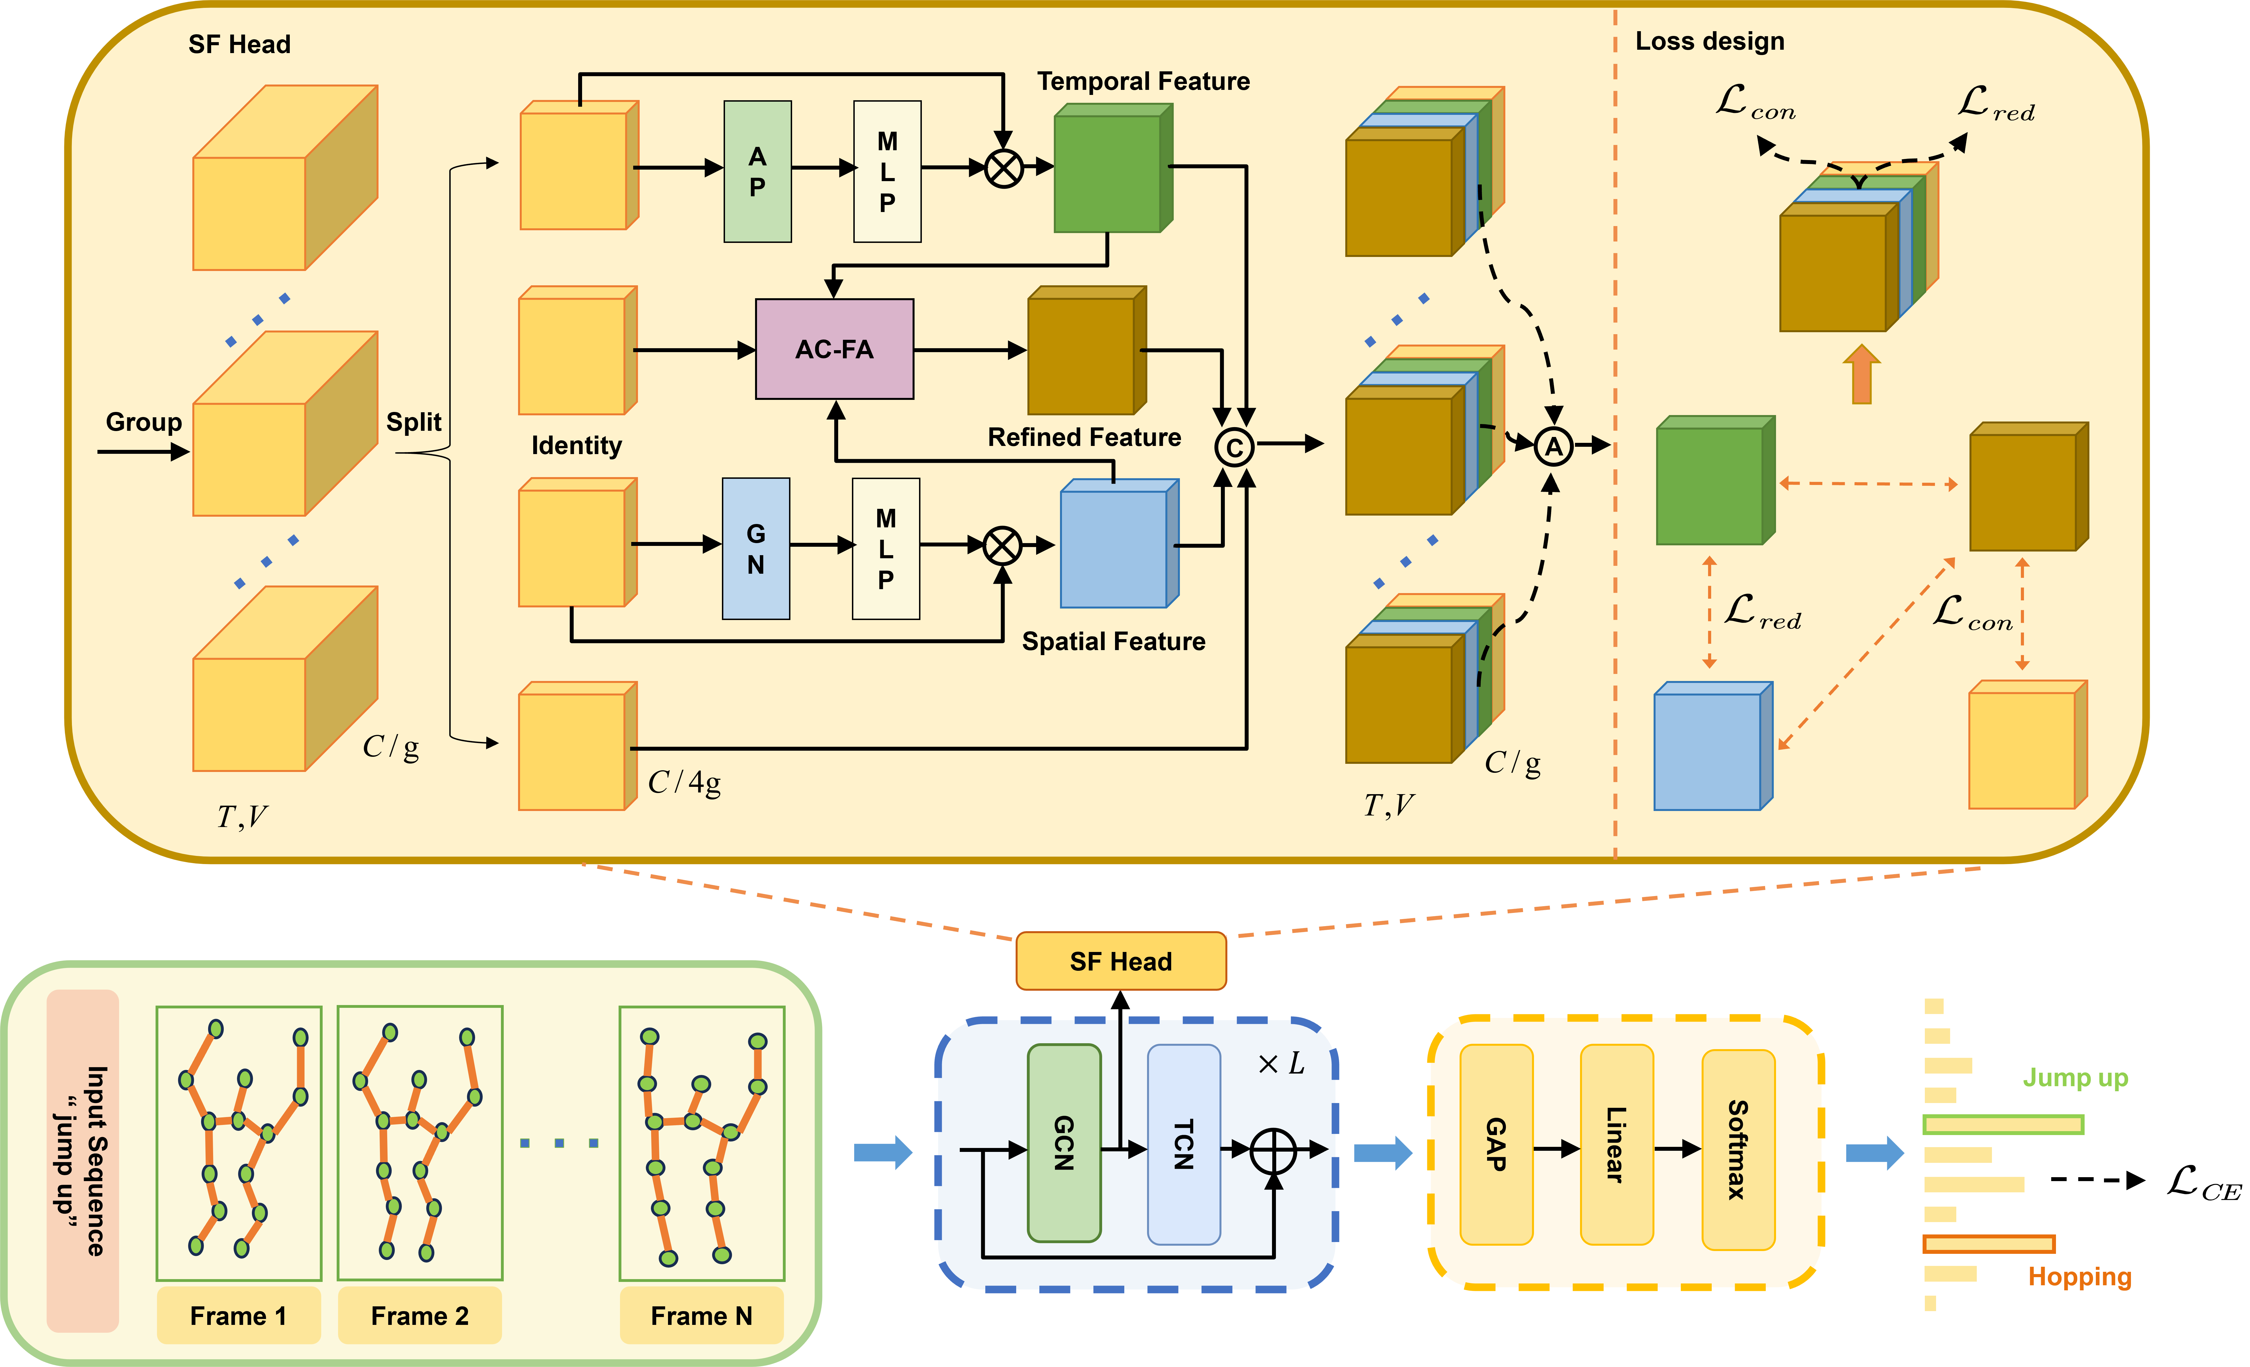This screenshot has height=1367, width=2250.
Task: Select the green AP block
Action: tap(757, 172)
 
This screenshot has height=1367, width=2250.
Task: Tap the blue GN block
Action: tap(755, 549)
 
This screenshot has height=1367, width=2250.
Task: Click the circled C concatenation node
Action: tap(1234, 447)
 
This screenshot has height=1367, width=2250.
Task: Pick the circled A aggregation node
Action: tap(1553, 446)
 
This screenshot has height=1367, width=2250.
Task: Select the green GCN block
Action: tap(1064, 1143)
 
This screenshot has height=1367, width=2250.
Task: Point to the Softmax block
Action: tap(1738, 1149)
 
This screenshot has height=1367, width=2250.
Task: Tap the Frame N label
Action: tap(701, 1316)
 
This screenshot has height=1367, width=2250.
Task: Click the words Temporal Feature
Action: tap(1143, 81)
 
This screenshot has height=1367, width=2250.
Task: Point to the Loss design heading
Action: tap(1709, 41)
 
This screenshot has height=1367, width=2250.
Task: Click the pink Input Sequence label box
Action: tap(83, 1161)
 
